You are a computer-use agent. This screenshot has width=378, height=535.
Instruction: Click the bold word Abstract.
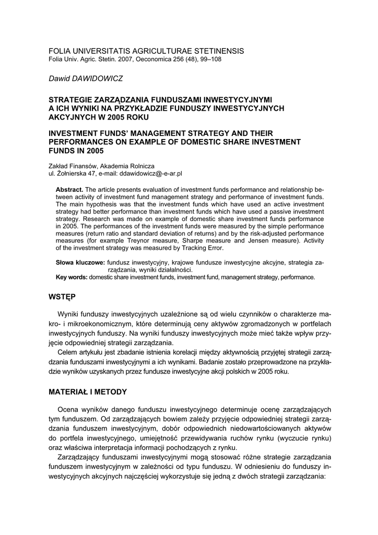click(69, 189)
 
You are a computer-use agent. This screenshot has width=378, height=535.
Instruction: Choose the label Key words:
click(72, 277)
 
